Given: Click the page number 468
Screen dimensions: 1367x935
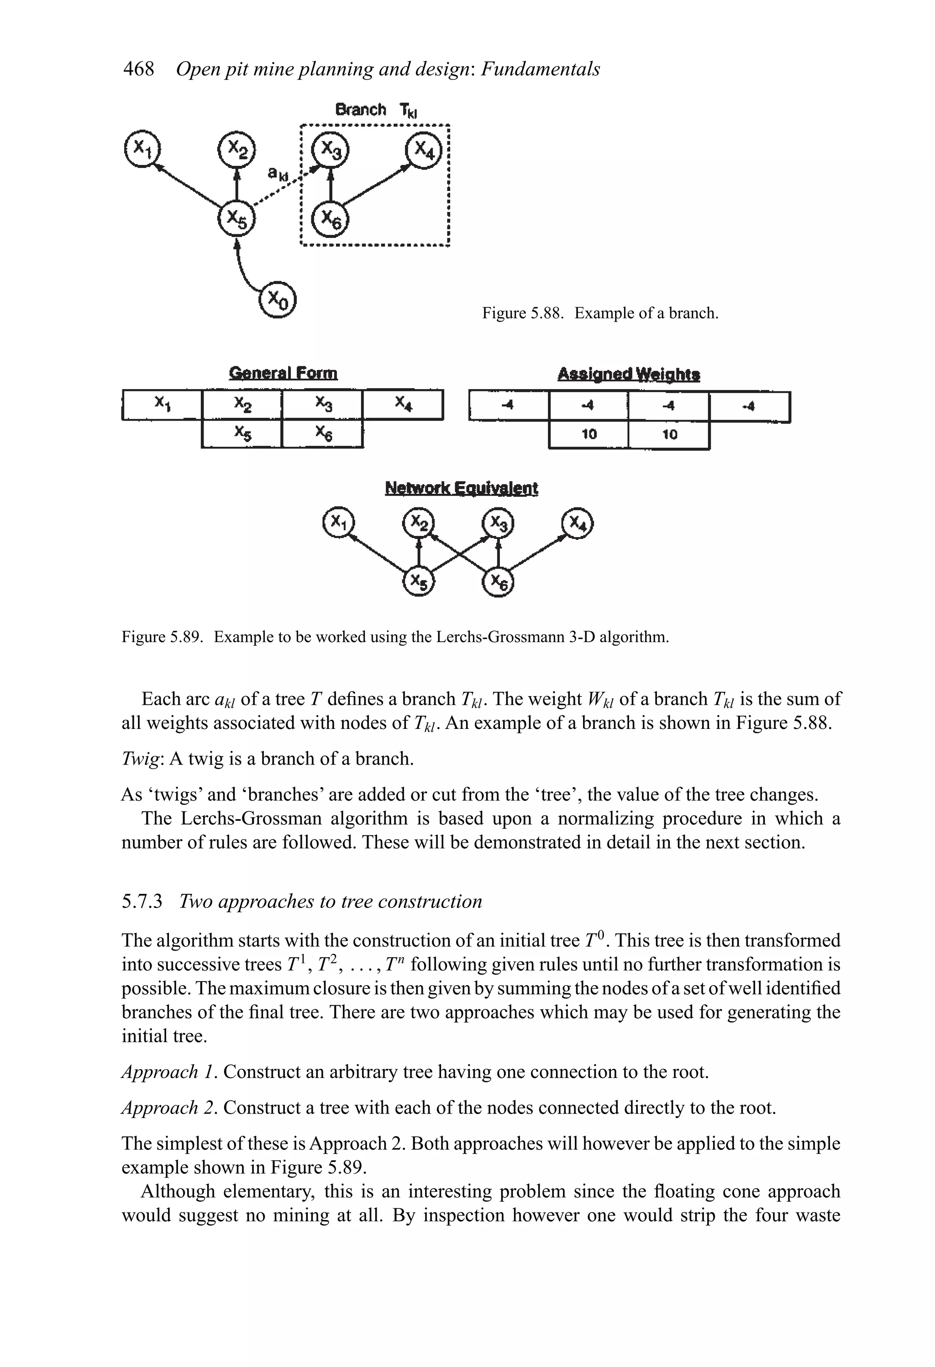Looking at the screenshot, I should [x=138, y=69].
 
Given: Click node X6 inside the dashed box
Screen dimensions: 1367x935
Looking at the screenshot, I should [x=330, y=220].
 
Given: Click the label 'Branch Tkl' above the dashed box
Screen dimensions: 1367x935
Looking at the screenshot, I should [x=375, y=110].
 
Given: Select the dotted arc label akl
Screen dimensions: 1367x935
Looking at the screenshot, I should [x=279, y=174].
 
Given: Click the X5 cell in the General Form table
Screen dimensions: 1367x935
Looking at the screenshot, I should [x=242, y=433].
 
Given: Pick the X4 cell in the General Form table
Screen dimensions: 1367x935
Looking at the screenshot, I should [x=403, y=404].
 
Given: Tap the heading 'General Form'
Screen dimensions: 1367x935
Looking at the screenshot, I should [x=284, y=373].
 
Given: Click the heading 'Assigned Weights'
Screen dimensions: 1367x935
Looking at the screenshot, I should [x=629, y=374].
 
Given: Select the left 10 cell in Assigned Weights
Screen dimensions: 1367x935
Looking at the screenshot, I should [x=588, y=435].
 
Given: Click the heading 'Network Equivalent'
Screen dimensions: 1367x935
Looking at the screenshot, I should [x=461, y=488].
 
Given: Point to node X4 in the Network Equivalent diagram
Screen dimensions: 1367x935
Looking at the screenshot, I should [x=578, y=523].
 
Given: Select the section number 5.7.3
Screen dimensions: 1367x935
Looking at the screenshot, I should [x=142, y=901].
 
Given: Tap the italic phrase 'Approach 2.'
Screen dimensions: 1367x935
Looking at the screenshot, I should [x=169, y=1108].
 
